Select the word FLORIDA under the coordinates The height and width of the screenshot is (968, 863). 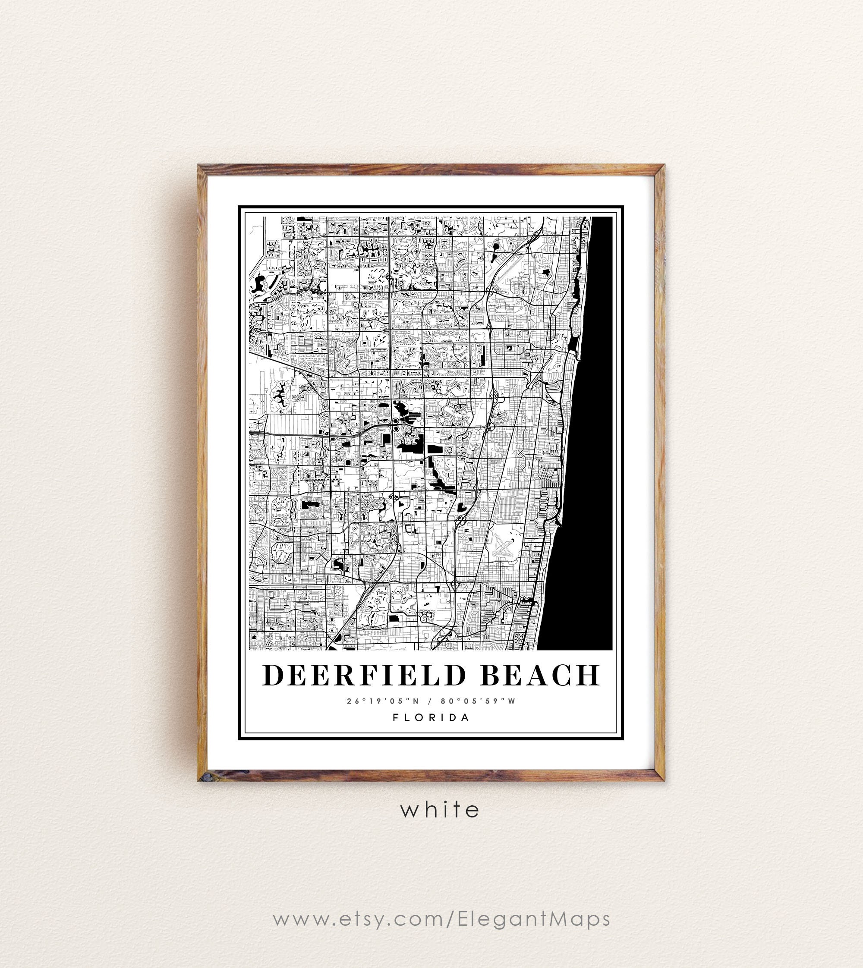pos(431,717)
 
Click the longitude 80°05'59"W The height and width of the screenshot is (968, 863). pos(478,701)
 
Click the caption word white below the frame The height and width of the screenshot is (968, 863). pos(440,809)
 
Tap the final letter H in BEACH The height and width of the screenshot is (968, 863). pos(589,675)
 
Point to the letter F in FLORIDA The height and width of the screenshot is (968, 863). pos(395,717)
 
